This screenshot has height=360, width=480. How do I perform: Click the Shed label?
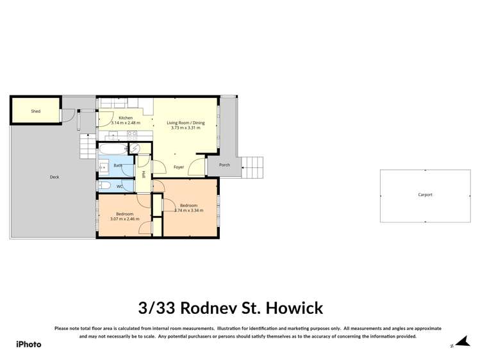point(36,111)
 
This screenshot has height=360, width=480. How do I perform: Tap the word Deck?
point(54,177)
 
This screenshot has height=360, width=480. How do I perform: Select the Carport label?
point(425,195)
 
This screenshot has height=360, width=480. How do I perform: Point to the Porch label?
point(224,165)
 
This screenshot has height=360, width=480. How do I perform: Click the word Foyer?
point(179,167)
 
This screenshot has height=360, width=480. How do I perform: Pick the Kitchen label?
point(125,118)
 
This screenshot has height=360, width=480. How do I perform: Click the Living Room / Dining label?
point(185,122)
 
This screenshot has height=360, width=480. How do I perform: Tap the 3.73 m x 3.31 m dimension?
point(185,127)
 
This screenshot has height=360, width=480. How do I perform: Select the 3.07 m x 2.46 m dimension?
point(124,219)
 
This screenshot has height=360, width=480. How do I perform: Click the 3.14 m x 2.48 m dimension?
point(125,123)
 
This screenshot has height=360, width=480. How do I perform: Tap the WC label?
point(119,186)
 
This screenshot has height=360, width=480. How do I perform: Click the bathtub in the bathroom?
point(112,149)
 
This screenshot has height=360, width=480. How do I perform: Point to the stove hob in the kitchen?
point(132,135)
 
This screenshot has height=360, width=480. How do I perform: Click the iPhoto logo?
point(28,344)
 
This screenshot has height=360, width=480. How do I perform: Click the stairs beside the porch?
point(254,168)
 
